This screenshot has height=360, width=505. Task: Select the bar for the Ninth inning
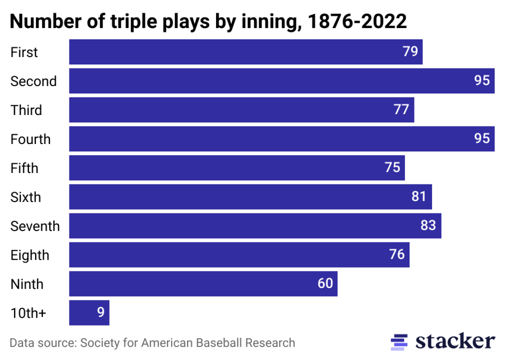203,284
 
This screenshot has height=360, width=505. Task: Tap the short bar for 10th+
89,313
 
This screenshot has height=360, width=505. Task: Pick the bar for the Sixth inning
250,197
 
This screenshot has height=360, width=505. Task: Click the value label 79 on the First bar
410,52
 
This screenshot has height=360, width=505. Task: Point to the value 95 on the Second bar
482,81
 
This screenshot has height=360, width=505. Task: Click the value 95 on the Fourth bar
482,139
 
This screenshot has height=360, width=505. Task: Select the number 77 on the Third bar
401,110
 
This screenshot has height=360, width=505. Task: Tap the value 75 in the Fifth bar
392,168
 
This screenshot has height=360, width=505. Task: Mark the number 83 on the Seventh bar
428,226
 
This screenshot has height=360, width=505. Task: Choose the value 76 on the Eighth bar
396,255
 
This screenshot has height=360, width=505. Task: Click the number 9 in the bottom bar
100,313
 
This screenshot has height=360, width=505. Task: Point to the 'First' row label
24,52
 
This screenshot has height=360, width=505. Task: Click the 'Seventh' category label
35,226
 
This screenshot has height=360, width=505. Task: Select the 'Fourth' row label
30,139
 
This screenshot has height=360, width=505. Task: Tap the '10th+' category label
28,313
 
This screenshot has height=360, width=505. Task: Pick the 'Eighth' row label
30,255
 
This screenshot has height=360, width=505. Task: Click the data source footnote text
152,343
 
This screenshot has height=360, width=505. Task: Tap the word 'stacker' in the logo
455,341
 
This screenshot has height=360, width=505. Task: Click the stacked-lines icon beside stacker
399,341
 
